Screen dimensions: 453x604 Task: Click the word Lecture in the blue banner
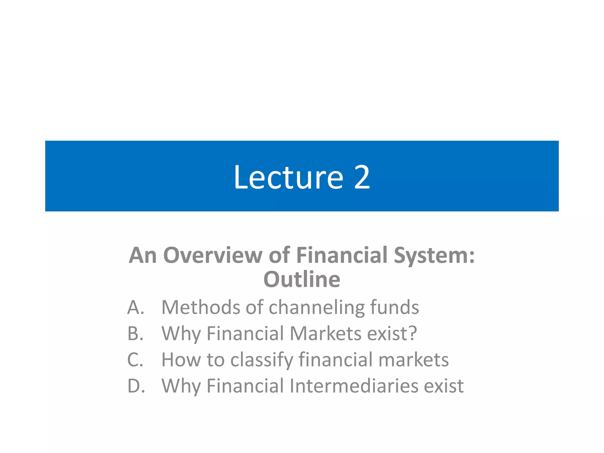click(288, 178)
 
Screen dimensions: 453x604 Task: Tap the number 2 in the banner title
click(362, 178)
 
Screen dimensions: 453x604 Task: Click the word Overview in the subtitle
click(213, 255)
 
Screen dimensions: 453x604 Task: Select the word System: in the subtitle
click(434, 255)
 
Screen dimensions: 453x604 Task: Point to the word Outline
click(302, 279)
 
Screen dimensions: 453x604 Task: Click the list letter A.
click(136, 307)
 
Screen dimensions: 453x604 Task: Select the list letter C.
click(135, 360)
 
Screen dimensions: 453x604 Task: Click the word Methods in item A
click(201, 307)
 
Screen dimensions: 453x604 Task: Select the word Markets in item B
click(326, 334)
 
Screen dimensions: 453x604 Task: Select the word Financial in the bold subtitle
click(342, 255)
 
